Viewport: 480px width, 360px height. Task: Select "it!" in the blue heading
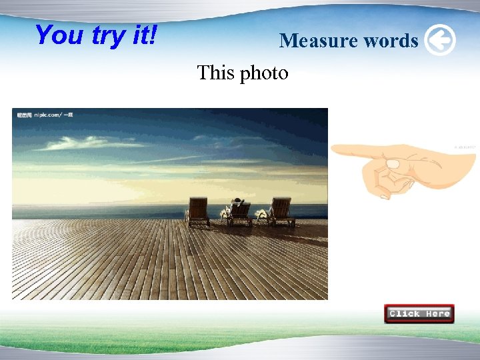tap(143, 35)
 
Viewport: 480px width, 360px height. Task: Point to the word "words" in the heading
tap(391, 41)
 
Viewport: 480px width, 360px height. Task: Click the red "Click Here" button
tap(419, 313)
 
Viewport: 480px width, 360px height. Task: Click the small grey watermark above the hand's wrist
tap(465, 147)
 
